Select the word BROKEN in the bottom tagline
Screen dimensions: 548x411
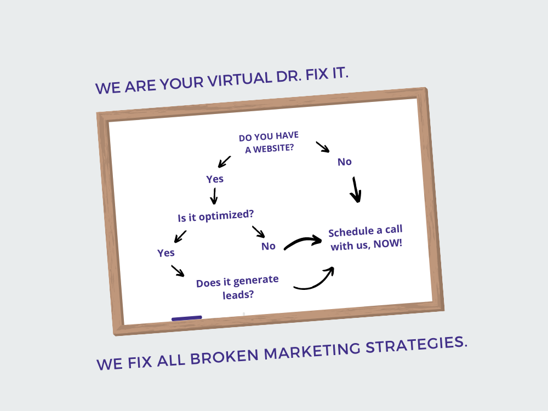224,357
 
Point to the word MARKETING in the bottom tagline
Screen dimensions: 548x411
312,351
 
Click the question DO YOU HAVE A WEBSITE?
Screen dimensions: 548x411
269,142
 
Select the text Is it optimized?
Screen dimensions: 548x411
215,216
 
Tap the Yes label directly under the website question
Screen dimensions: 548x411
215,179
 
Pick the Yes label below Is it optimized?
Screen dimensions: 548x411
165,253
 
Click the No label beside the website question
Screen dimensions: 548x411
345,162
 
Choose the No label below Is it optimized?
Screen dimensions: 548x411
269,247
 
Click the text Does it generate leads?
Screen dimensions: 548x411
237,288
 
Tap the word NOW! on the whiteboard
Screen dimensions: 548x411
388,244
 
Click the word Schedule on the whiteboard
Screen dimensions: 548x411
351,232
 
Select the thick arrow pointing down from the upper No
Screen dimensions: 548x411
356,190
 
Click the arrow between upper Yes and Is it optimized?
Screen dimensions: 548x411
214,196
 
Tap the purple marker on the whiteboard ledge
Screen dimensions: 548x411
187,318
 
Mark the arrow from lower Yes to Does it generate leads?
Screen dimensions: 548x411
178,271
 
